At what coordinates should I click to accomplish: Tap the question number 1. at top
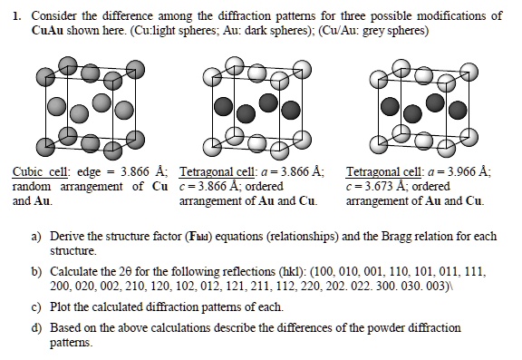coord(13,16)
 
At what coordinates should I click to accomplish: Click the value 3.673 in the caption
coord(373,187)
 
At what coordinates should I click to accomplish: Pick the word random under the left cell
coord(34,187)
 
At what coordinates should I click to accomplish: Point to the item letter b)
coord(36,271)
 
